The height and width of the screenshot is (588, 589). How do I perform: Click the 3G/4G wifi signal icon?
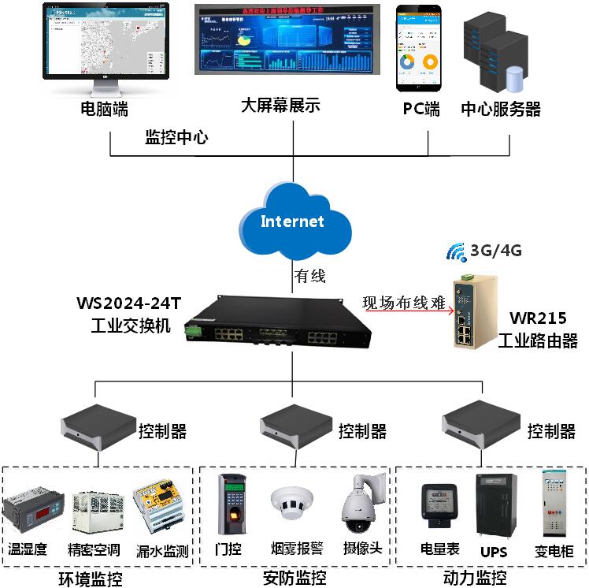pyautogui.click(x=456, y=252)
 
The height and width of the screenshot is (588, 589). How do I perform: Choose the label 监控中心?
pyautogui.click(x=176, y=137)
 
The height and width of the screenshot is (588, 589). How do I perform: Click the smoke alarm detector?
pyautogui.click(x=291, y=503)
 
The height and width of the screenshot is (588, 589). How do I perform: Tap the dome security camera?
pyautogui.click(x=363, y=504)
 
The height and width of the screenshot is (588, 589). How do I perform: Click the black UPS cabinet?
pyautogui.click(x=495, y=505)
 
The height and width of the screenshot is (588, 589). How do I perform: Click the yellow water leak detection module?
pyautogui.click(x=161, y=504)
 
